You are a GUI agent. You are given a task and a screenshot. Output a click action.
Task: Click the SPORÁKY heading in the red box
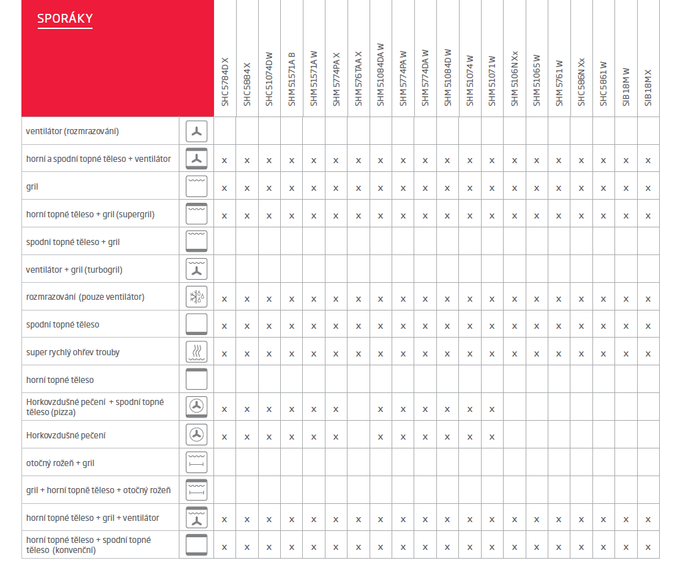(65, 19)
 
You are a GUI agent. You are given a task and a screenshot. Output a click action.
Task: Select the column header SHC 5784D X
(225, 82)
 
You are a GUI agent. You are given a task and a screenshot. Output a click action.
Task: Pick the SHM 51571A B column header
(291, 79)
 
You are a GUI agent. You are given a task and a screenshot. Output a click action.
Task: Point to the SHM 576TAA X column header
(358, 79)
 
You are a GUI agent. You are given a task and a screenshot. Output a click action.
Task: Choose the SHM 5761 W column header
(558, 83)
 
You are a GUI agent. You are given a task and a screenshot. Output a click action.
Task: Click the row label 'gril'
(33, 187)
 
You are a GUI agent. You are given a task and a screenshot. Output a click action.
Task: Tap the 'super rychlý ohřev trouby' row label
(73, 353)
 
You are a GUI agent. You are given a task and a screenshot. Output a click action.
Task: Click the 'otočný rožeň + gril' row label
(60, 463)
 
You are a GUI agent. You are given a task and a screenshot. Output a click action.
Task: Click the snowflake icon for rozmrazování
(196, 297)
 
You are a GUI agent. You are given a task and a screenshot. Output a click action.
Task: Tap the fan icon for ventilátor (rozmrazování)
(196, 132)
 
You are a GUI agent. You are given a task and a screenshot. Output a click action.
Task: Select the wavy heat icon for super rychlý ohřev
(196, 352)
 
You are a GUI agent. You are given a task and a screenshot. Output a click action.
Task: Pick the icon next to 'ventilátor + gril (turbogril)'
(196, 270)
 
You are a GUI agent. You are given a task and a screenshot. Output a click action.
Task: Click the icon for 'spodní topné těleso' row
(196, 324)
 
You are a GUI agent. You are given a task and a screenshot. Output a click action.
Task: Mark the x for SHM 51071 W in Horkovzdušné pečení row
(492, 436)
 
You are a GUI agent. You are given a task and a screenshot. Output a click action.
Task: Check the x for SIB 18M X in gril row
(648, 188)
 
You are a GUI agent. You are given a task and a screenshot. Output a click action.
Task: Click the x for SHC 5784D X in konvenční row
(225, 547)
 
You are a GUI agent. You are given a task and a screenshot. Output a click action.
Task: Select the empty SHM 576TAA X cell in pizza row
(358, 408)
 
